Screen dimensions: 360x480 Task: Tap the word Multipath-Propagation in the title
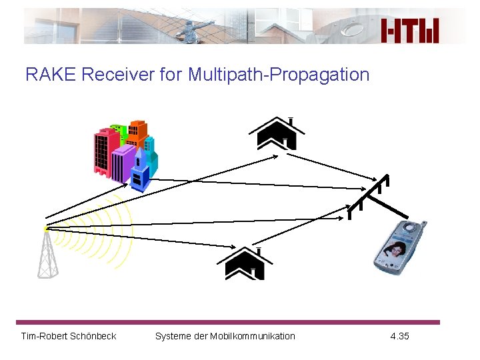pos(279,75)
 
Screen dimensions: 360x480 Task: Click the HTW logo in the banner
pos(410,30)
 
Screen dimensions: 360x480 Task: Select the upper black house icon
pos(281,133)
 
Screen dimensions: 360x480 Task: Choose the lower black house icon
pos(245,263)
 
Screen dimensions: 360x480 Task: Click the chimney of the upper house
pos(291,121)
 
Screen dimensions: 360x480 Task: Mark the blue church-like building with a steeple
pos(140,173)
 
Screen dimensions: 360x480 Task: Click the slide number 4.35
pos(399,336)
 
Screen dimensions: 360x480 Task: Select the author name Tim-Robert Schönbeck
pos(69,336)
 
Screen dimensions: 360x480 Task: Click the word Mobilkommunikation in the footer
pos(257,336)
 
